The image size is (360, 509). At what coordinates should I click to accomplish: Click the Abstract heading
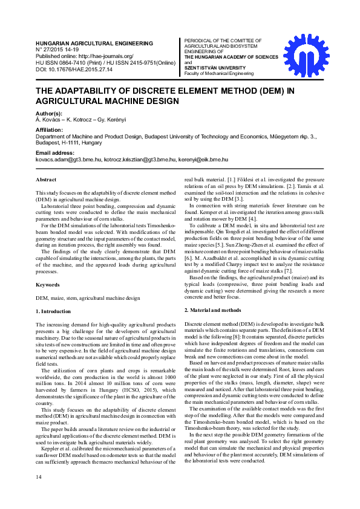(x=46, y=180)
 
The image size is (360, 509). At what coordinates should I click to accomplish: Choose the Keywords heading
(x=48, y=284)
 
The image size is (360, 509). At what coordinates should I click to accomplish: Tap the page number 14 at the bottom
(x=39, y=494)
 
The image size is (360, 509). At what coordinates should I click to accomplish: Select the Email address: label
(x=57, y=153)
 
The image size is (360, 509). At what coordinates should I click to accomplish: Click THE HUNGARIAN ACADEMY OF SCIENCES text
(x=231, y=57)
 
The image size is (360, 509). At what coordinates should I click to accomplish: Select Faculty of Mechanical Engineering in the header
(x=219, y=73)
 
